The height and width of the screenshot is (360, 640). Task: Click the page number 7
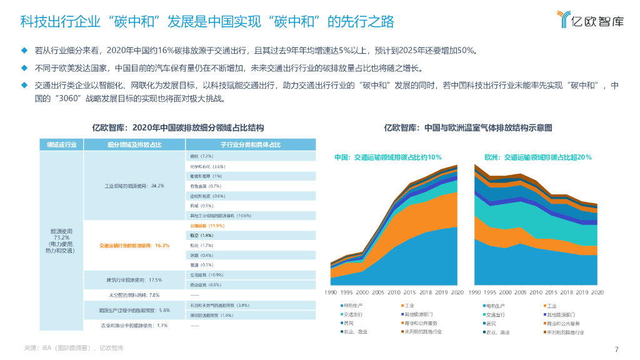[x=617, y=349]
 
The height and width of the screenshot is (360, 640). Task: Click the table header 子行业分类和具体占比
[x=251, y=145]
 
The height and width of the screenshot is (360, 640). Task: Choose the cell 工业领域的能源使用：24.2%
[x=134, y=186]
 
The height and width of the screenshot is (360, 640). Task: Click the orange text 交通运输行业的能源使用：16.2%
[x=134, y=246]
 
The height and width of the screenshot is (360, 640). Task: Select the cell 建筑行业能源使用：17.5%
[x=134, y=280]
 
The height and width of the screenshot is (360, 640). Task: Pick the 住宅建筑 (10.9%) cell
[x=206, y=275]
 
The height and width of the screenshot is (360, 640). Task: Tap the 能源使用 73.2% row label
[x=61, y=241]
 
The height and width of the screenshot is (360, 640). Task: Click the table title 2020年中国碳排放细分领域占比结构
[x=177, y=128]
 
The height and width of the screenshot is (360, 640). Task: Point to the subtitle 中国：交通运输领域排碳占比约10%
[x=387, y=157]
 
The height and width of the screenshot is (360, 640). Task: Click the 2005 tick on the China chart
[x=378, y=292]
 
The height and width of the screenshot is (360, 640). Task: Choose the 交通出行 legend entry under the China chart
[x=353, y=314]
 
